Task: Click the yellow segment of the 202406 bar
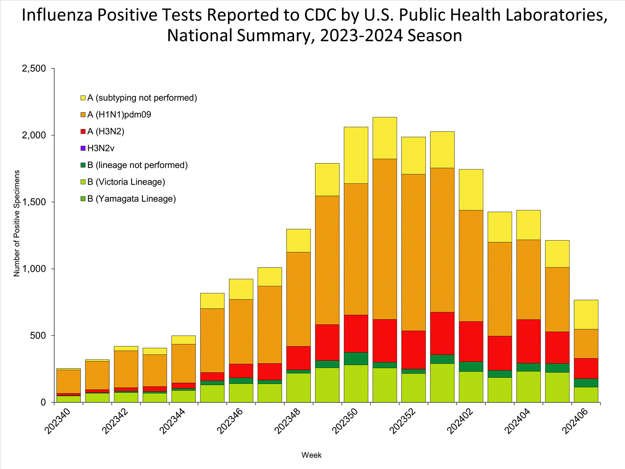pyautogui.click(x=586, y=314)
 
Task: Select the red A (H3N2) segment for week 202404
pyautogui.click(x=528, y=341)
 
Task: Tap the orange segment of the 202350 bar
pyautogui.click(x=356, y=249)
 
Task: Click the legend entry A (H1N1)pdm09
pyautogui.click(x=119, y=115)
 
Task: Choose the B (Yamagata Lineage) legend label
pyautogui.click(x=132, y=199)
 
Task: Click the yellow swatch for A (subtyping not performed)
pyautogui.click(x=83, y=98)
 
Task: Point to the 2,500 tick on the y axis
pyautogui.click(x=34, y=68)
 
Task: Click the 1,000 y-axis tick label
pyautogui.click(x=34, y=269)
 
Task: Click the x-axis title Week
pyautogui.click(x=311, y=455)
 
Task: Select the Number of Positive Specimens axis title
pyautogui.click(x=17, y=223)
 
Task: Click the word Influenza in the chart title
pyautogui.click(x=57, y=15)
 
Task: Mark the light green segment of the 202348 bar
pyautogui.click(x=298, y=387)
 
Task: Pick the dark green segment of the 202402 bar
pyautogui.click(x=471, y=366)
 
